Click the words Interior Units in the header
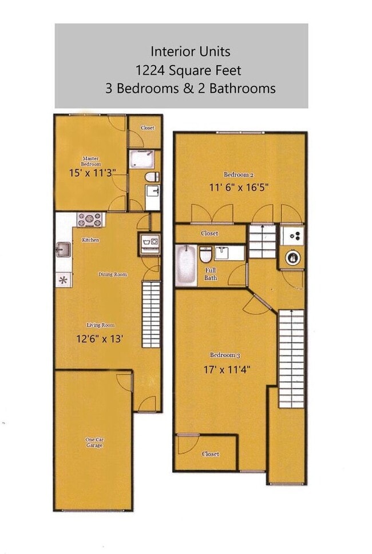click(x=190, y=51)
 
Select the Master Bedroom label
click(x=91, y=161)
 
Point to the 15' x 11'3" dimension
click(x=92, y=172)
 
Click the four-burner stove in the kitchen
click(x=90, y=219)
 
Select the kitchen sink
click(x=63, y=249)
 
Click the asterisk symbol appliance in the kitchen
click(x=63, y=280)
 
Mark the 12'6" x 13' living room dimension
click(x=100, y=338)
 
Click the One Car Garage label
click(x=94, y=442)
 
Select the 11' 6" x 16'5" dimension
click(x=239, y=186)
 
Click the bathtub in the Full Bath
click(x=185, y=265)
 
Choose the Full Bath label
click(x=211, y=274)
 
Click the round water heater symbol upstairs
click(x=292, y=257)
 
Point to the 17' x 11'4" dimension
click(x=226, y=369)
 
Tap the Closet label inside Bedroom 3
click(x=211, y=454)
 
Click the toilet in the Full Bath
click(x=206, y=253)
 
